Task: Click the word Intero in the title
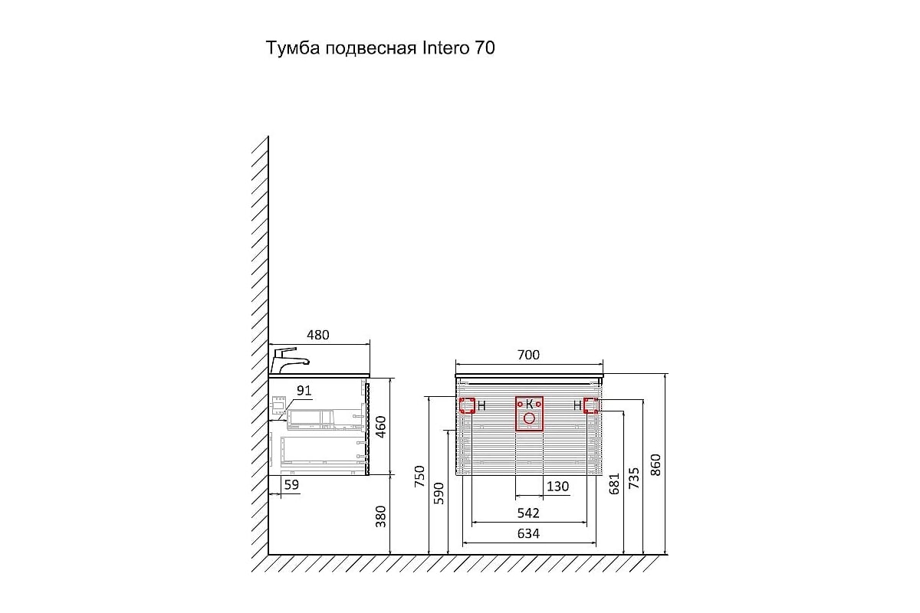pos(445,48)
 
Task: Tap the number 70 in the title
pos(485,48)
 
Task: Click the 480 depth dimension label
pos(318,335)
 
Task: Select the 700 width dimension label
pos(528,355)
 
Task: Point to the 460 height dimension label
pos(381,427)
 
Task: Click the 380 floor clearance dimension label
pos(381,516)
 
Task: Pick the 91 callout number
pos(304,391)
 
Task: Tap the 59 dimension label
pos(291,484)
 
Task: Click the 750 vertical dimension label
pos(419,477)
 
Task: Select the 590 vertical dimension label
pos(439,493)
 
